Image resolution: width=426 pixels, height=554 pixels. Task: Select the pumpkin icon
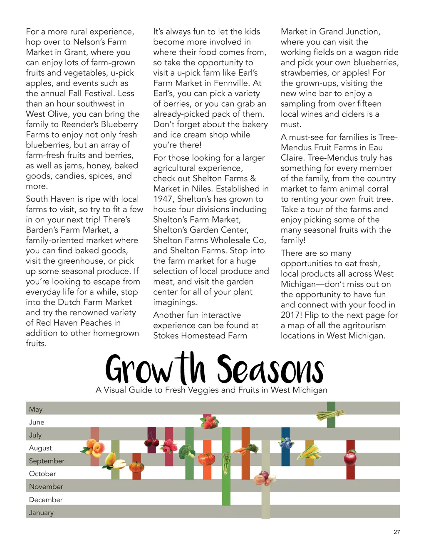click(136, 466)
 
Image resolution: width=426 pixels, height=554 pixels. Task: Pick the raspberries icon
click(168, 446)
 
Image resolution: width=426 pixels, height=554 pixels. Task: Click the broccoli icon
click(187, 451)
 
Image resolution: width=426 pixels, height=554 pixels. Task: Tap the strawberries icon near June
click(209, 422)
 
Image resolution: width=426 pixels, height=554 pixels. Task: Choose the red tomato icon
click(206, 458)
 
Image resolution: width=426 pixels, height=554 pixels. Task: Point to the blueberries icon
click(286, 443)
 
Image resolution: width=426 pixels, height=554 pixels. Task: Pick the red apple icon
click(350, 458)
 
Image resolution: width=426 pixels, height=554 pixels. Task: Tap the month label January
click(41, 512)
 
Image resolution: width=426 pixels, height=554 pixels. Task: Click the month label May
click(36, 409)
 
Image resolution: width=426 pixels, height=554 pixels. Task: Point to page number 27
click(396, 532)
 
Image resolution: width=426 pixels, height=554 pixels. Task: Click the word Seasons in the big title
click(270, 369)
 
